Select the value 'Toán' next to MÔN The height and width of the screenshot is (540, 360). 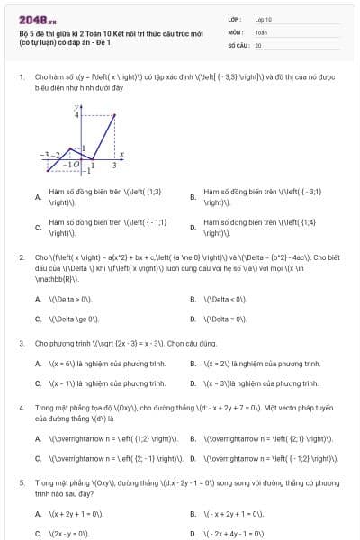(x=261, y=31)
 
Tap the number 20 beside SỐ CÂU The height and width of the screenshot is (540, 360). (x=258, y=44)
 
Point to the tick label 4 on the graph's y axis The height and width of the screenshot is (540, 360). (x=76, y=116)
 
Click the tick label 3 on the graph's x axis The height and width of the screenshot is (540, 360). (x=114, y=166)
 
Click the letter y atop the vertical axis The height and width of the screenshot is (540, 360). (x=77, y=105)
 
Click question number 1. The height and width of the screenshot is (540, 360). (x=21, y=77)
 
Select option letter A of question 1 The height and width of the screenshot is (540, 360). (x=37, y=197)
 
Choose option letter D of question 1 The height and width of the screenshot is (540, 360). (x=193, y=228)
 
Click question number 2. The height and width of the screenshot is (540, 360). (x=21, y=256)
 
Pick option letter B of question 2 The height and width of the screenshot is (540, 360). (x=193, y=299)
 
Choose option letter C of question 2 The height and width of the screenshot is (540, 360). (x=37, y=319)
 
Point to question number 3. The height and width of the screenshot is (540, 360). (x=21, y=343)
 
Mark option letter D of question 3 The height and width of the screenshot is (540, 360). (x=193, y=382)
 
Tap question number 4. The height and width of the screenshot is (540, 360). (x=21, y=408)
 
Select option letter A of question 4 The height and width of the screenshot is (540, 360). (x=37, y=439)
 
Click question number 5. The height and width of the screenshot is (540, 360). (x=21, y=482)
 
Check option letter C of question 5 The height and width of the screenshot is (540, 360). (x=37, y=533)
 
